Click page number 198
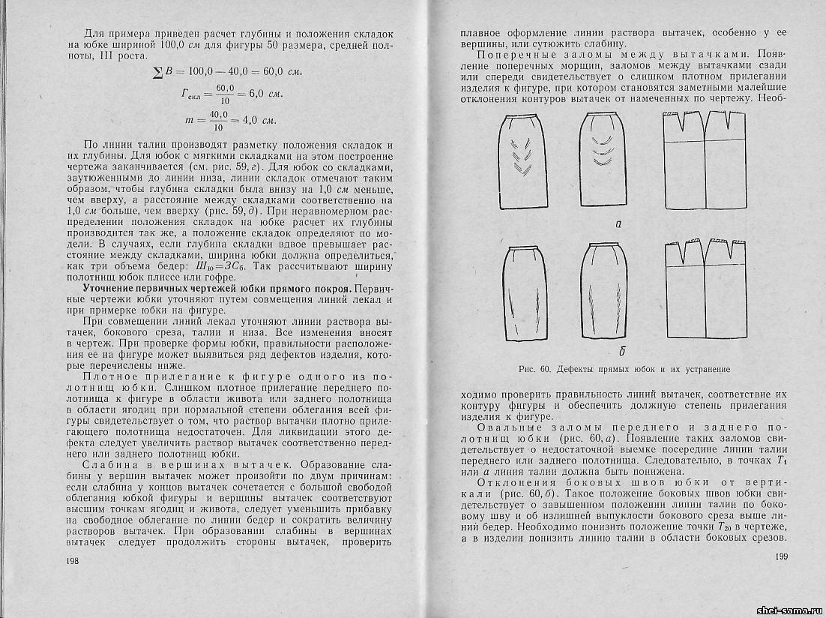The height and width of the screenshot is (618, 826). click(x=73, y=562)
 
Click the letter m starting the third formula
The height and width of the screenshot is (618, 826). click(x=189, y=119)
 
